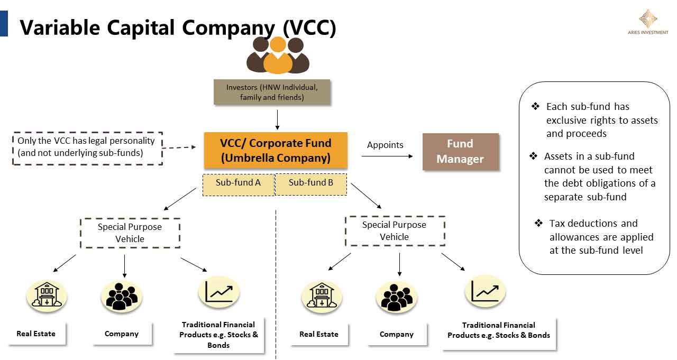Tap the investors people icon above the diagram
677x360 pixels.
[278, 55]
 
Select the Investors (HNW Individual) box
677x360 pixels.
[272, 92]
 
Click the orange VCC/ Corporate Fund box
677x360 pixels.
[276, 151]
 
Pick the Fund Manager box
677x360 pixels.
[460, 152]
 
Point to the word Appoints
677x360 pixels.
[385, 145]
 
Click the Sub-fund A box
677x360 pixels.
[238, 183]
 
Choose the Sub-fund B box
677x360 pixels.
[311, 183]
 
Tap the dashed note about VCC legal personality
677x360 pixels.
[87, 147]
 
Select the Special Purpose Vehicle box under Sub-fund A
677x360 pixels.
[130, 233]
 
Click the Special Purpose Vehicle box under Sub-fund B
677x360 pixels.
[395, 231]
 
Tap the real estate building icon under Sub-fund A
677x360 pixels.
[47, 296]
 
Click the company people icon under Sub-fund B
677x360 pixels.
[397, 298]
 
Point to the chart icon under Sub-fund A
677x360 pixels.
[219, 292]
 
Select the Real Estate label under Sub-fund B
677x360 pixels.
[319, 334]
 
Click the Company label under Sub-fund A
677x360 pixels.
[122, 334]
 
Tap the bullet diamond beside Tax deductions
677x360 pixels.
[538, 224]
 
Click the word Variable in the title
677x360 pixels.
[61, 27]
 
